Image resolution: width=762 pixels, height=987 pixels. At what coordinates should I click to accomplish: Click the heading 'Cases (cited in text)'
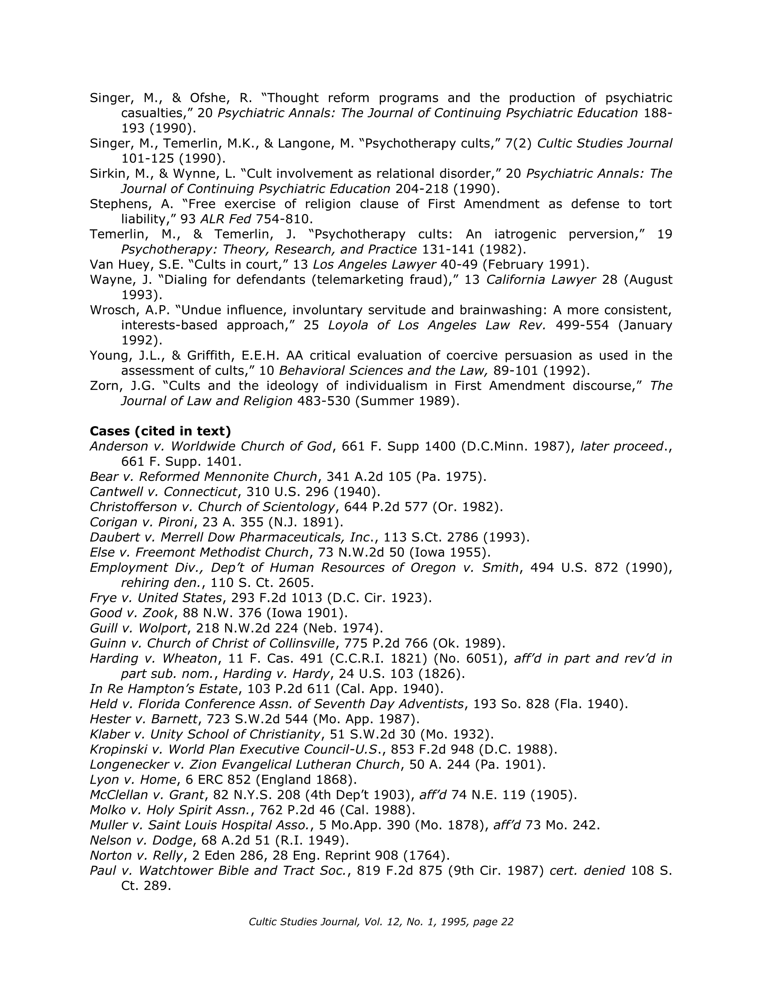pyautogui.click(x=160, y=431)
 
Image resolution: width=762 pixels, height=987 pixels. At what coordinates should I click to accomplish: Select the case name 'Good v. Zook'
pyautogui.click(x=132, y=613)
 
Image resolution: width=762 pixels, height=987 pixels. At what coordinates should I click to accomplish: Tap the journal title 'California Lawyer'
pyautogui.click(x=541, y=280)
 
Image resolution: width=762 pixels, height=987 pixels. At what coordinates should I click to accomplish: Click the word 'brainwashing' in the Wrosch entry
pyautogui.click(x=500, y=310)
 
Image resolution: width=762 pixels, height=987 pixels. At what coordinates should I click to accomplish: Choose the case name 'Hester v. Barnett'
pyautogui.click(x=144, y=719)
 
